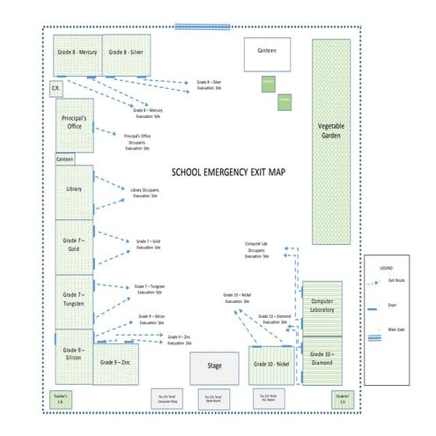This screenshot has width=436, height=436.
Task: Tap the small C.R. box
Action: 55,90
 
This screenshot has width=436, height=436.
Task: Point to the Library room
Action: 74,191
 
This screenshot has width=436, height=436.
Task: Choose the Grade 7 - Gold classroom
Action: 74,244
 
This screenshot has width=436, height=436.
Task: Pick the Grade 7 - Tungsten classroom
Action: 74,299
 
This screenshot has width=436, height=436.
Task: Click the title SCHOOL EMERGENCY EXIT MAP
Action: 228,174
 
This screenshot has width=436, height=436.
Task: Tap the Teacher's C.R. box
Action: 61,399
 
